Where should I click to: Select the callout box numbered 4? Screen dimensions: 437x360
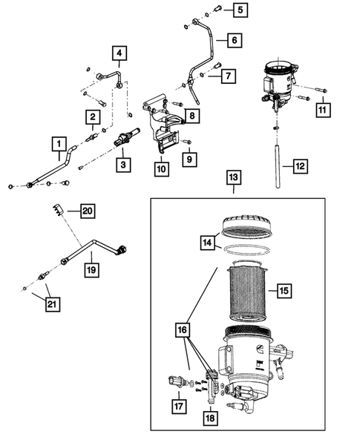(120, 53)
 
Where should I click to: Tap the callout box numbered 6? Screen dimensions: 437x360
(233, 42)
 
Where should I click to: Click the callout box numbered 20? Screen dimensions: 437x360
(88, 211)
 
